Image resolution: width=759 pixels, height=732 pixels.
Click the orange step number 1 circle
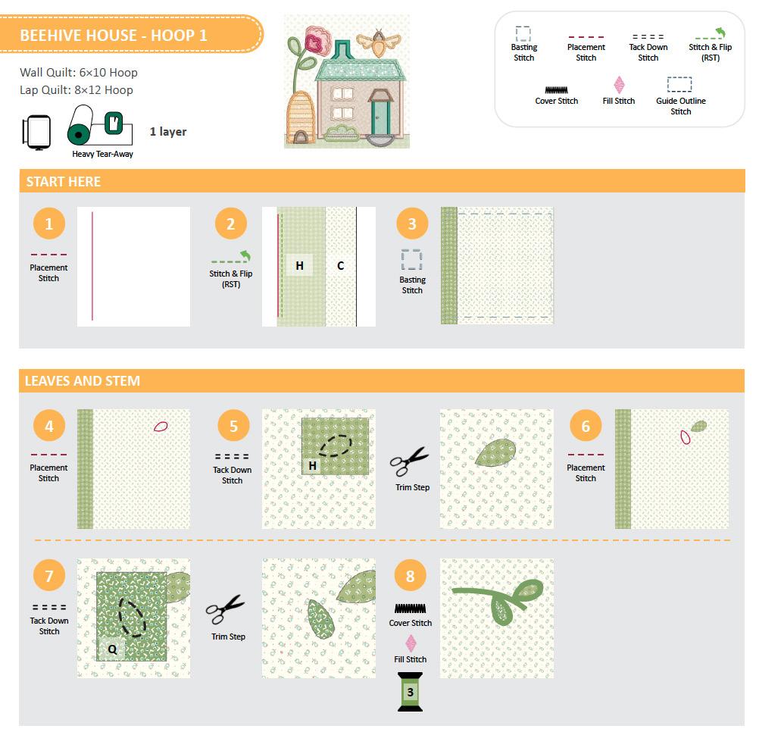(49, 224)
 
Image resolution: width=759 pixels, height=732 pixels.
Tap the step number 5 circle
(233, 426)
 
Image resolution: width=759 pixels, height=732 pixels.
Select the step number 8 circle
(410, 576)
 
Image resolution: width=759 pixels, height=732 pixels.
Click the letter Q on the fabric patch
(112, 649)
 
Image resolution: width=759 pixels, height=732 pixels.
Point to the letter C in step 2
(340, 266)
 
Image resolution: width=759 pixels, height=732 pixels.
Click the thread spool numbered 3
(410, 692)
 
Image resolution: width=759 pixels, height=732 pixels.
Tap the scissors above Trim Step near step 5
(410, 461)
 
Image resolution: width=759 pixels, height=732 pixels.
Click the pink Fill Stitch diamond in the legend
(619, 85)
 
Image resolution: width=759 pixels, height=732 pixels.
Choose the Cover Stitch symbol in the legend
(556, 89)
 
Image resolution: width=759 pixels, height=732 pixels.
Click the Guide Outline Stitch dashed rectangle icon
(679, 84)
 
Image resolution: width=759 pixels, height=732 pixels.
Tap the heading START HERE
(64, 182)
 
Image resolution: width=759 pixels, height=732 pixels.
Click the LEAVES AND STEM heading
(83, 381)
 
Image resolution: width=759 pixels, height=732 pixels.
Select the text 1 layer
(168, 132)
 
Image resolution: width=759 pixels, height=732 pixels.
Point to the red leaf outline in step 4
(161, 427)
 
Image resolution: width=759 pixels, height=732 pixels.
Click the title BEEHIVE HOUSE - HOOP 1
(114, 36)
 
